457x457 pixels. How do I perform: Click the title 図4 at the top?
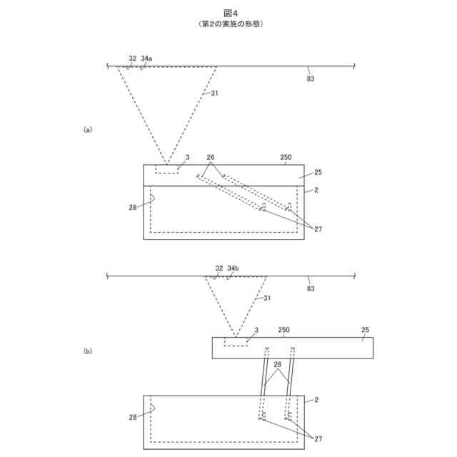coord(228,13)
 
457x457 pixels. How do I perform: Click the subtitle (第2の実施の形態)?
coord(228,24)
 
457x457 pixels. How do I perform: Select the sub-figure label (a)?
coord(88,130)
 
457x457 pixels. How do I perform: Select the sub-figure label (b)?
coord(88,351)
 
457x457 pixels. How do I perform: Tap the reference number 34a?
coord(147,58)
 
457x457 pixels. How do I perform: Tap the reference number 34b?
coord(232,268)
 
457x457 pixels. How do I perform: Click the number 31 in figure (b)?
coord(267,298)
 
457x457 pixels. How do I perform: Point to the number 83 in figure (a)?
coord(311,79)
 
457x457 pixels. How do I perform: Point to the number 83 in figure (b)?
coord(311,289)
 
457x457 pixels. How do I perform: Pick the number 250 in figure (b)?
coord(283,331)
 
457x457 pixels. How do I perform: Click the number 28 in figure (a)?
coord(134,208)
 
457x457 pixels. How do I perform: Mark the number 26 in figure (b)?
coord(277,364)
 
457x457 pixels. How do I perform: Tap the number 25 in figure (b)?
coord(365,331)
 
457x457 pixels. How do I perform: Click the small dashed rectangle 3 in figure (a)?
coord(167,169)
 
